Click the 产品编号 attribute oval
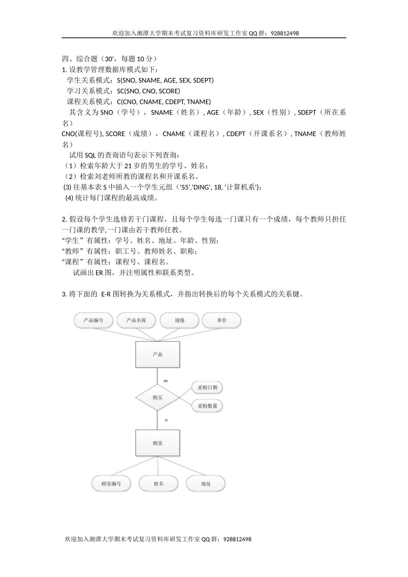pos(94,320)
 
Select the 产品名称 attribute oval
pos(136,320)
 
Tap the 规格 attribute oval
pos(180,320)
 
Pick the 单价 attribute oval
pos(222,320)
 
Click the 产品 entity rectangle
pos(158,355)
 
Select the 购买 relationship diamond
pos(158,398)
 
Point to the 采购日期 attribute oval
pos(207,387)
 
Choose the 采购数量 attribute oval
pos(207,406)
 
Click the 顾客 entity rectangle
pos(158,443)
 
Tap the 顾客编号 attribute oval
pos(111,484)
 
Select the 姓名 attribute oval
pos(158,484)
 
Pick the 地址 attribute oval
pos(206,484)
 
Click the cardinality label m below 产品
pos(166,381)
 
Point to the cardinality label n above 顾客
pos(166,420)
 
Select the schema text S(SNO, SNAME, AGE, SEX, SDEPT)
pos(165,80)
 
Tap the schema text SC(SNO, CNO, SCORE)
pos(148,91)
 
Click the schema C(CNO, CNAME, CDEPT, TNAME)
pos(164,102)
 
